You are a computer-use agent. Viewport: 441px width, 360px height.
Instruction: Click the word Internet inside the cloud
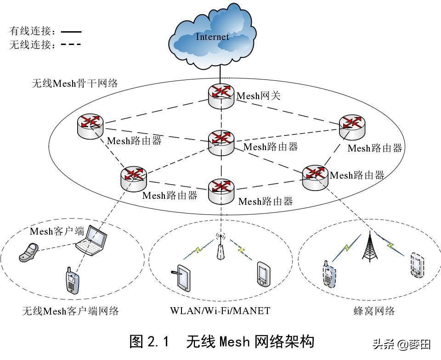212,37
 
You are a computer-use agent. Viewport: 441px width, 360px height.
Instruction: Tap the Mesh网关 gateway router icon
221,96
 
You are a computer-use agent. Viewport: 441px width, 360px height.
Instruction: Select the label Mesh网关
259,96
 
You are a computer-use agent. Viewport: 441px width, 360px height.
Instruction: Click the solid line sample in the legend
71,32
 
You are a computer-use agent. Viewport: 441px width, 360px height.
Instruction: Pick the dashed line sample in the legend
71,44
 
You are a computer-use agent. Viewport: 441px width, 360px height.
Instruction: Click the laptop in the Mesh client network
92,240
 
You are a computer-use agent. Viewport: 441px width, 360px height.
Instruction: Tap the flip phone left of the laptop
28,253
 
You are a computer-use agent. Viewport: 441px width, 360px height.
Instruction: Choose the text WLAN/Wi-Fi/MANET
220,310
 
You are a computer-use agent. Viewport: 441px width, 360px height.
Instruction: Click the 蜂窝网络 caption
374,311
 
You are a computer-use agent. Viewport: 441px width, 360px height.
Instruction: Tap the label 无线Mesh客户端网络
71,311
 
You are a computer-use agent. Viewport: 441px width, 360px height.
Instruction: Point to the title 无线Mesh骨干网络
75,83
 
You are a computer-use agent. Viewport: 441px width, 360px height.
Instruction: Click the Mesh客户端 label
57,231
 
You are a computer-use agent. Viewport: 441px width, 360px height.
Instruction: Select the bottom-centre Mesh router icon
221,191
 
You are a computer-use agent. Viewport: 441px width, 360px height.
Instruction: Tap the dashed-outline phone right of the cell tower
417,265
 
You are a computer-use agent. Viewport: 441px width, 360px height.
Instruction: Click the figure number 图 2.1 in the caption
149,342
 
